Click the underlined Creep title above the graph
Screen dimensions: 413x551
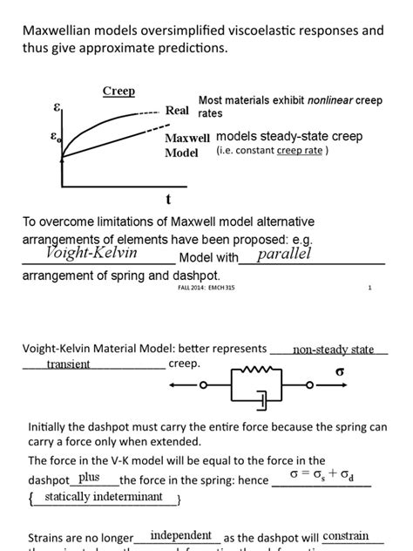tap(118, 91)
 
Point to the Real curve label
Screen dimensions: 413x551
tap(178, 111)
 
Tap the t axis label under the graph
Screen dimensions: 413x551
tap(167, 200)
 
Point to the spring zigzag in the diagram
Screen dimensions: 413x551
tap(262, 370)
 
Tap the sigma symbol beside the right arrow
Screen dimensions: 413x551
tap(341, 371)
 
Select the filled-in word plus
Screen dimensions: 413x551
tap(89, 477)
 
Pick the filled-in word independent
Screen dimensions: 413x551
tap(180, 535)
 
